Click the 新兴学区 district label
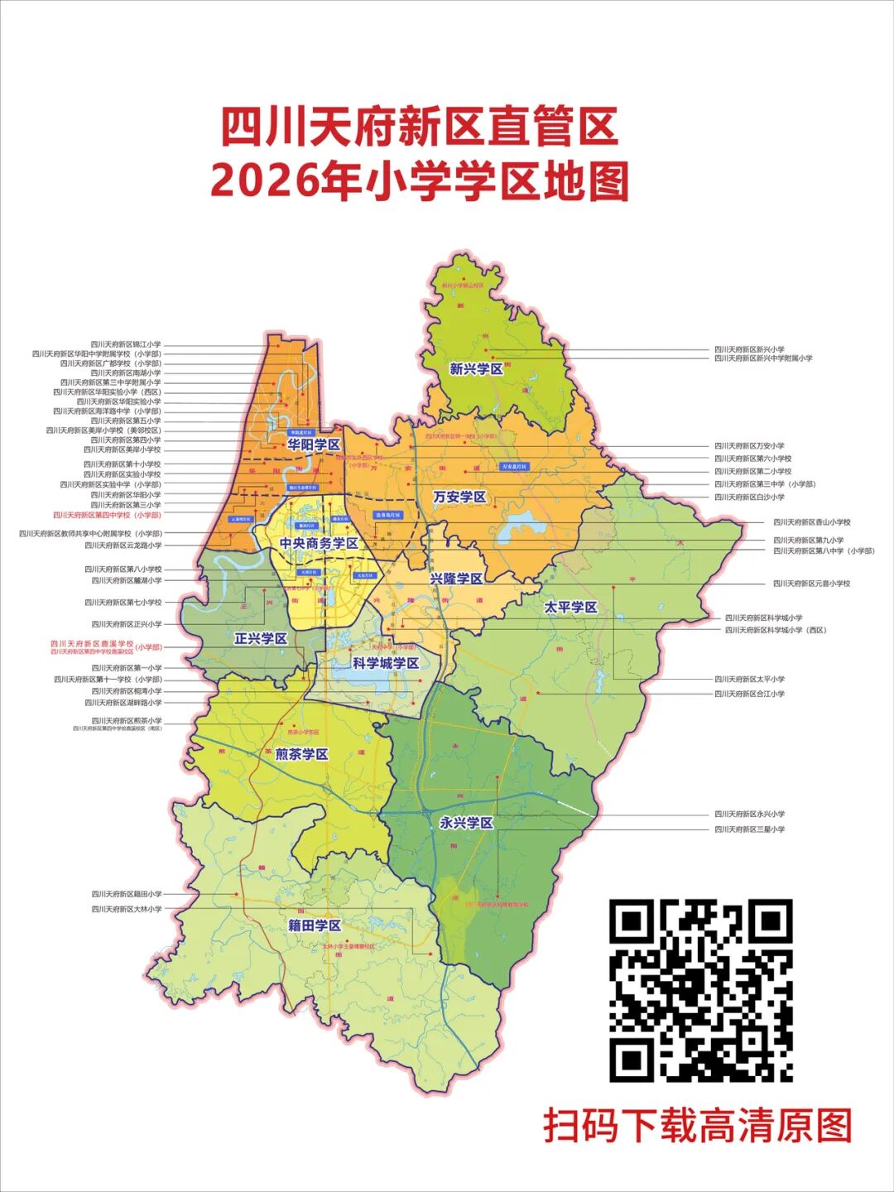pyautogui.click(x=476, y=369)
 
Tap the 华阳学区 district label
pyautogui.click(x=314, y=445)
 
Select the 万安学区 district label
pyautogui.click(x=459, y=497)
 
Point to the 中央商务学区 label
pyautogui.click(x=319, y=544)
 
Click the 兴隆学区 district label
pyautogui.click(x=455, y=579)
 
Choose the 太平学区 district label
pyautogui.click(x=570, y=608)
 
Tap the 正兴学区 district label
pyautogui.click(x=260, y=639)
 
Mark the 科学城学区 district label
pyautogui.click(x=385, y=664)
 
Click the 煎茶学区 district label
pyautogui.click(x=301, y=754)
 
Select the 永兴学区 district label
pyautogui.click(x=466, y=823)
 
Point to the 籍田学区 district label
pyautogui.click(x=315, y=925)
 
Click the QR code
pyautogui.click(x=701, y=991)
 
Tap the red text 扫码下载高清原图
pyautogui.click(x=697, y=1127)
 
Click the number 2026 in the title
pyautogui.click(x=263, y=181)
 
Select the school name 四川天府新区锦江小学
pyautogui.click(x=126, y=344)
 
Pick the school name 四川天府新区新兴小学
pyautogui.click(x=749, y=349)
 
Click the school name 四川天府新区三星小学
pyautogui.click(x=749, y=829)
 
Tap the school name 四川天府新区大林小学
pyautogui.click(x=126, y=909)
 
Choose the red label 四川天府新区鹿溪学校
pyautogui.click(x=91, y=643)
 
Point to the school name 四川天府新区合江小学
pyautogui.click(x=749, y=694)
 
